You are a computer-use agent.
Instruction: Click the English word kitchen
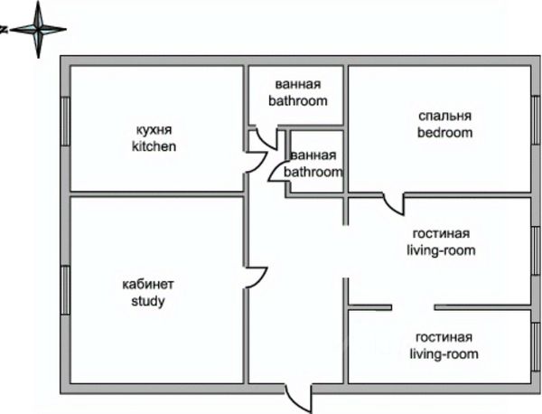(154, 146)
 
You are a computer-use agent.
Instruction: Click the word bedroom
(444, 132)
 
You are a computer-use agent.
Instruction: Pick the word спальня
(444, 117)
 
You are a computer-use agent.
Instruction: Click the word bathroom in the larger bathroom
(297, 101)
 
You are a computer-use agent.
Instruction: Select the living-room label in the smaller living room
(444, 353)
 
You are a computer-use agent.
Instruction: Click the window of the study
(64, 290)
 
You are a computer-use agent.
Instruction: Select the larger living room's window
(535, 250)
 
